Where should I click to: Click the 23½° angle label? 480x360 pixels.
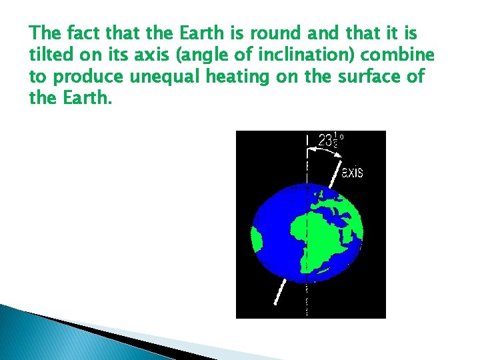[x=330, y=141]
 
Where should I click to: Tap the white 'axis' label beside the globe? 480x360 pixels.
[x=352, y=172]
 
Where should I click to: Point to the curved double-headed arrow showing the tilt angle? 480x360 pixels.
[x=323, y=151]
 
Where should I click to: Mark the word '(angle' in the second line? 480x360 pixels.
[x=193, y=54]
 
